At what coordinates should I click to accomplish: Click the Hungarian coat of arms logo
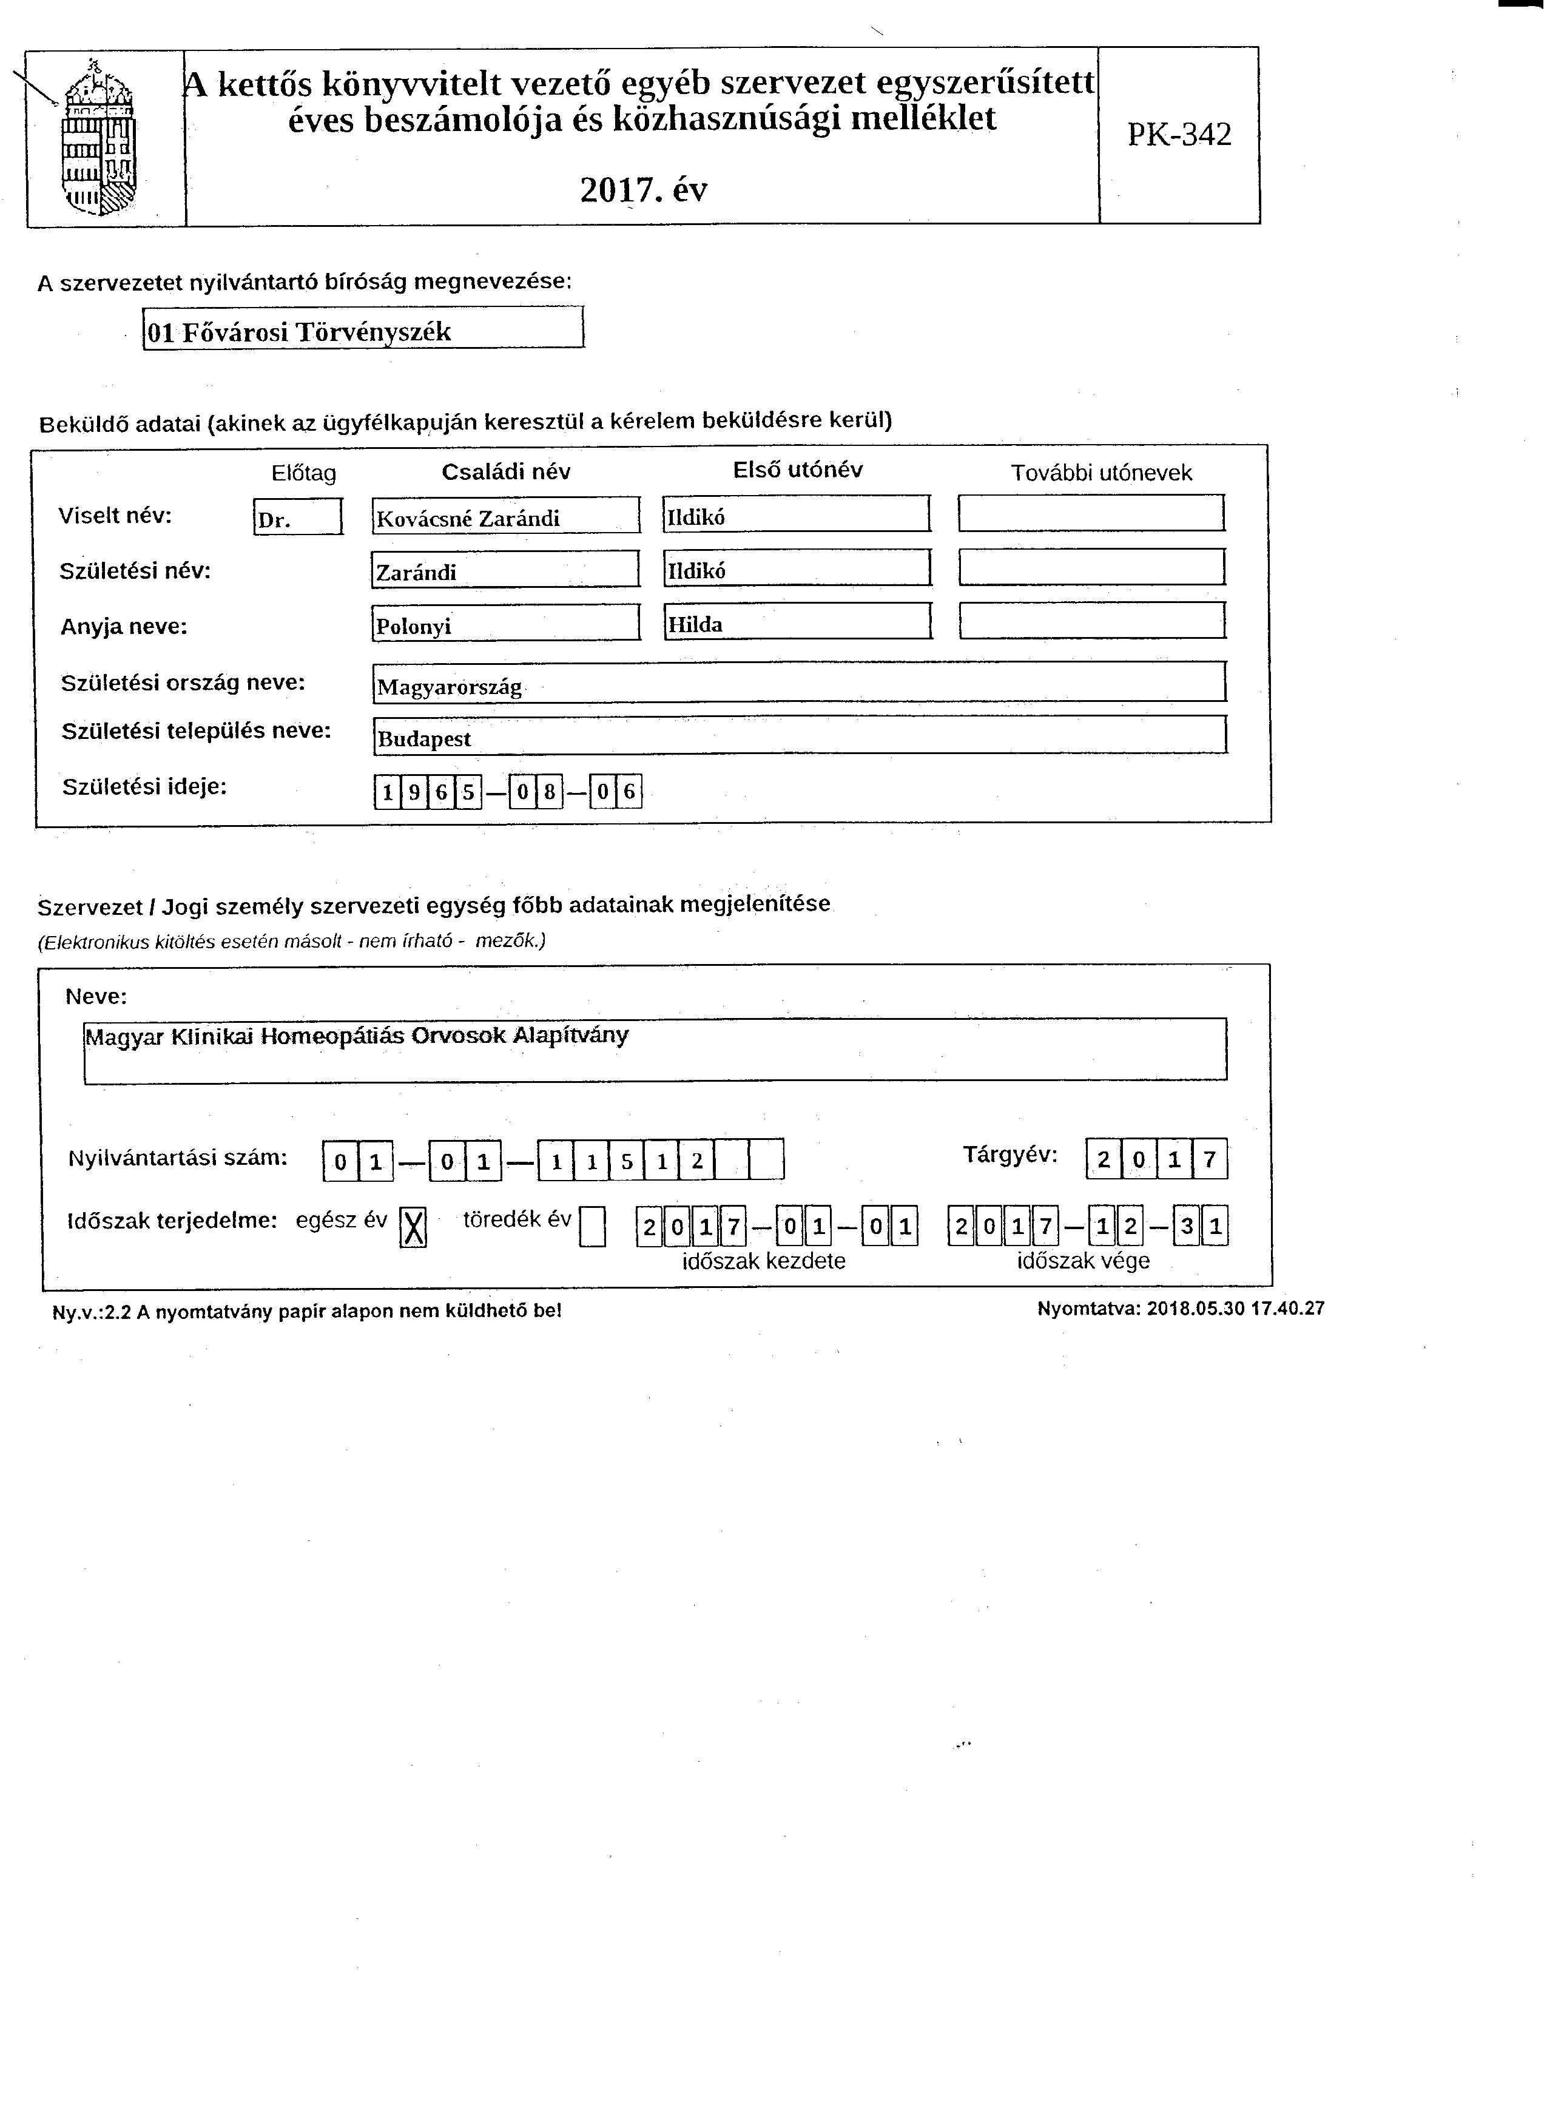[98, 136]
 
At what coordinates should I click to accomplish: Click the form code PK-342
[1179, 135]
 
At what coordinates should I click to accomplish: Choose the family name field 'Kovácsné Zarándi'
[506, 517]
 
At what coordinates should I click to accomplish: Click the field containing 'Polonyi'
[506, 624]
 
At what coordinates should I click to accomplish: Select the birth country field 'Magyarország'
[799, 684]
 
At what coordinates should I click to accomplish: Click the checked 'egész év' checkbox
[413, 1226]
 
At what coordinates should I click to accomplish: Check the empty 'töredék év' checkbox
[592, 1226]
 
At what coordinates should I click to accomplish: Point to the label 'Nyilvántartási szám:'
[177, 1158]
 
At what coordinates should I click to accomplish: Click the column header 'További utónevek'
[1101, 473]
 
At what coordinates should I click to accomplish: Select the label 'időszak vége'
[1082, 1261]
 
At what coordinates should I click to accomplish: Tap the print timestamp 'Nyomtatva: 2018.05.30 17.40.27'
[1180, 1308]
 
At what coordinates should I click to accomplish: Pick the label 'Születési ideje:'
[145, 787]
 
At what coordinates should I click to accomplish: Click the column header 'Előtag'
[303, 474]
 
